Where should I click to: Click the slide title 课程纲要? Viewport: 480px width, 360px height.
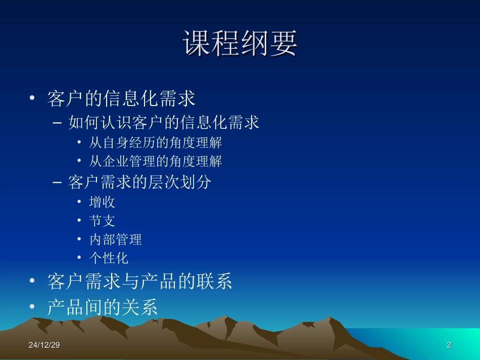pos(240,44)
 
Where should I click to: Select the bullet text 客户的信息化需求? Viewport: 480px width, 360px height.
pos(121,99)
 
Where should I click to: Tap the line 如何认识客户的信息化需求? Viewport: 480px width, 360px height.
pos(164,123)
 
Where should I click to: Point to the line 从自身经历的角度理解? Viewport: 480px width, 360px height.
pos(156,143)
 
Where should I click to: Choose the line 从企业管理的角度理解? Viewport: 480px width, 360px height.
pos(156,162)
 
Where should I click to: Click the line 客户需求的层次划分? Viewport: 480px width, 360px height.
pos(139,182)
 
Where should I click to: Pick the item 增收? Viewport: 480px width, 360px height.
pos(103,202)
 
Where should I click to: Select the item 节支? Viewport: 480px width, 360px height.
pos(103,221)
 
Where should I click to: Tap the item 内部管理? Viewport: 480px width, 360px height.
pos(116,239)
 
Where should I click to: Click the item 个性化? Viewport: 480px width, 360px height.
pos(109,258)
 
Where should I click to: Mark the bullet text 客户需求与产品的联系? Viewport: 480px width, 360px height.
pos(140,282)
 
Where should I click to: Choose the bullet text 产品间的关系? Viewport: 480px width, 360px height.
pos(103,307)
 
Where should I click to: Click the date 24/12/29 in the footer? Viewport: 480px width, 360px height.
pos(44,345)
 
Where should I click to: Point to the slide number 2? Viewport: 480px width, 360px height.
pos(448,345)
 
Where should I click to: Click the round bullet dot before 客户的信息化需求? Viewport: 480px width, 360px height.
pos(33,99)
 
